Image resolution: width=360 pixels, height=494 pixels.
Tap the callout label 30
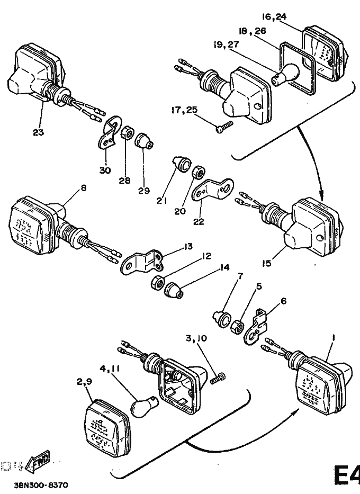[105, 170]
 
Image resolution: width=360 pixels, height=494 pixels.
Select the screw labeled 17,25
[224, 127]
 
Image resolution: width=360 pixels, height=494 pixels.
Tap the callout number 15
[267, 262]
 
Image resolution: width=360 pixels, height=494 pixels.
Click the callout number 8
[84, 187]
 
